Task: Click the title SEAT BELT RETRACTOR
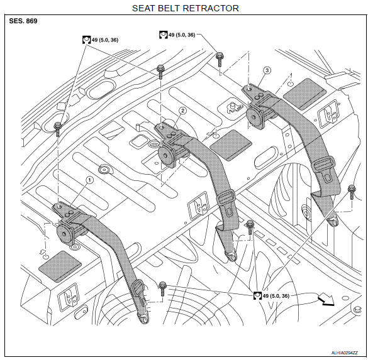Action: click(x=186, y=8)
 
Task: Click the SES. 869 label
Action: click(x=23, y=21)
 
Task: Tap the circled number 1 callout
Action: click(x=89, y=180)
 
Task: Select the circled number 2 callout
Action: click(x=182, y=111)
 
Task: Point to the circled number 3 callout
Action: click(x=267, y=70)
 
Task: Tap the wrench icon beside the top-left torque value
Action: click(x=87, y=40)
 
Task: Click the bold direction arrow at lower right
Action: click(x=326, y=300)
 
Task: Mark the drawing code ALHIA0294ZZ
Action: click(x=345, y=352)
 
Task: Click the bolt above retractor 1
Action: click(x=57, y=129)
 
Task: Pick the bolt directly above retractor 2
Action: click(x=160, y=72)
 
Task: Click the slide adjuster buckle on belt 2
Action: click(x=226, y=197)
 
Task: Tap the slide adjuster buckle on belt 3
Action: click(x=325, y=164)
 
